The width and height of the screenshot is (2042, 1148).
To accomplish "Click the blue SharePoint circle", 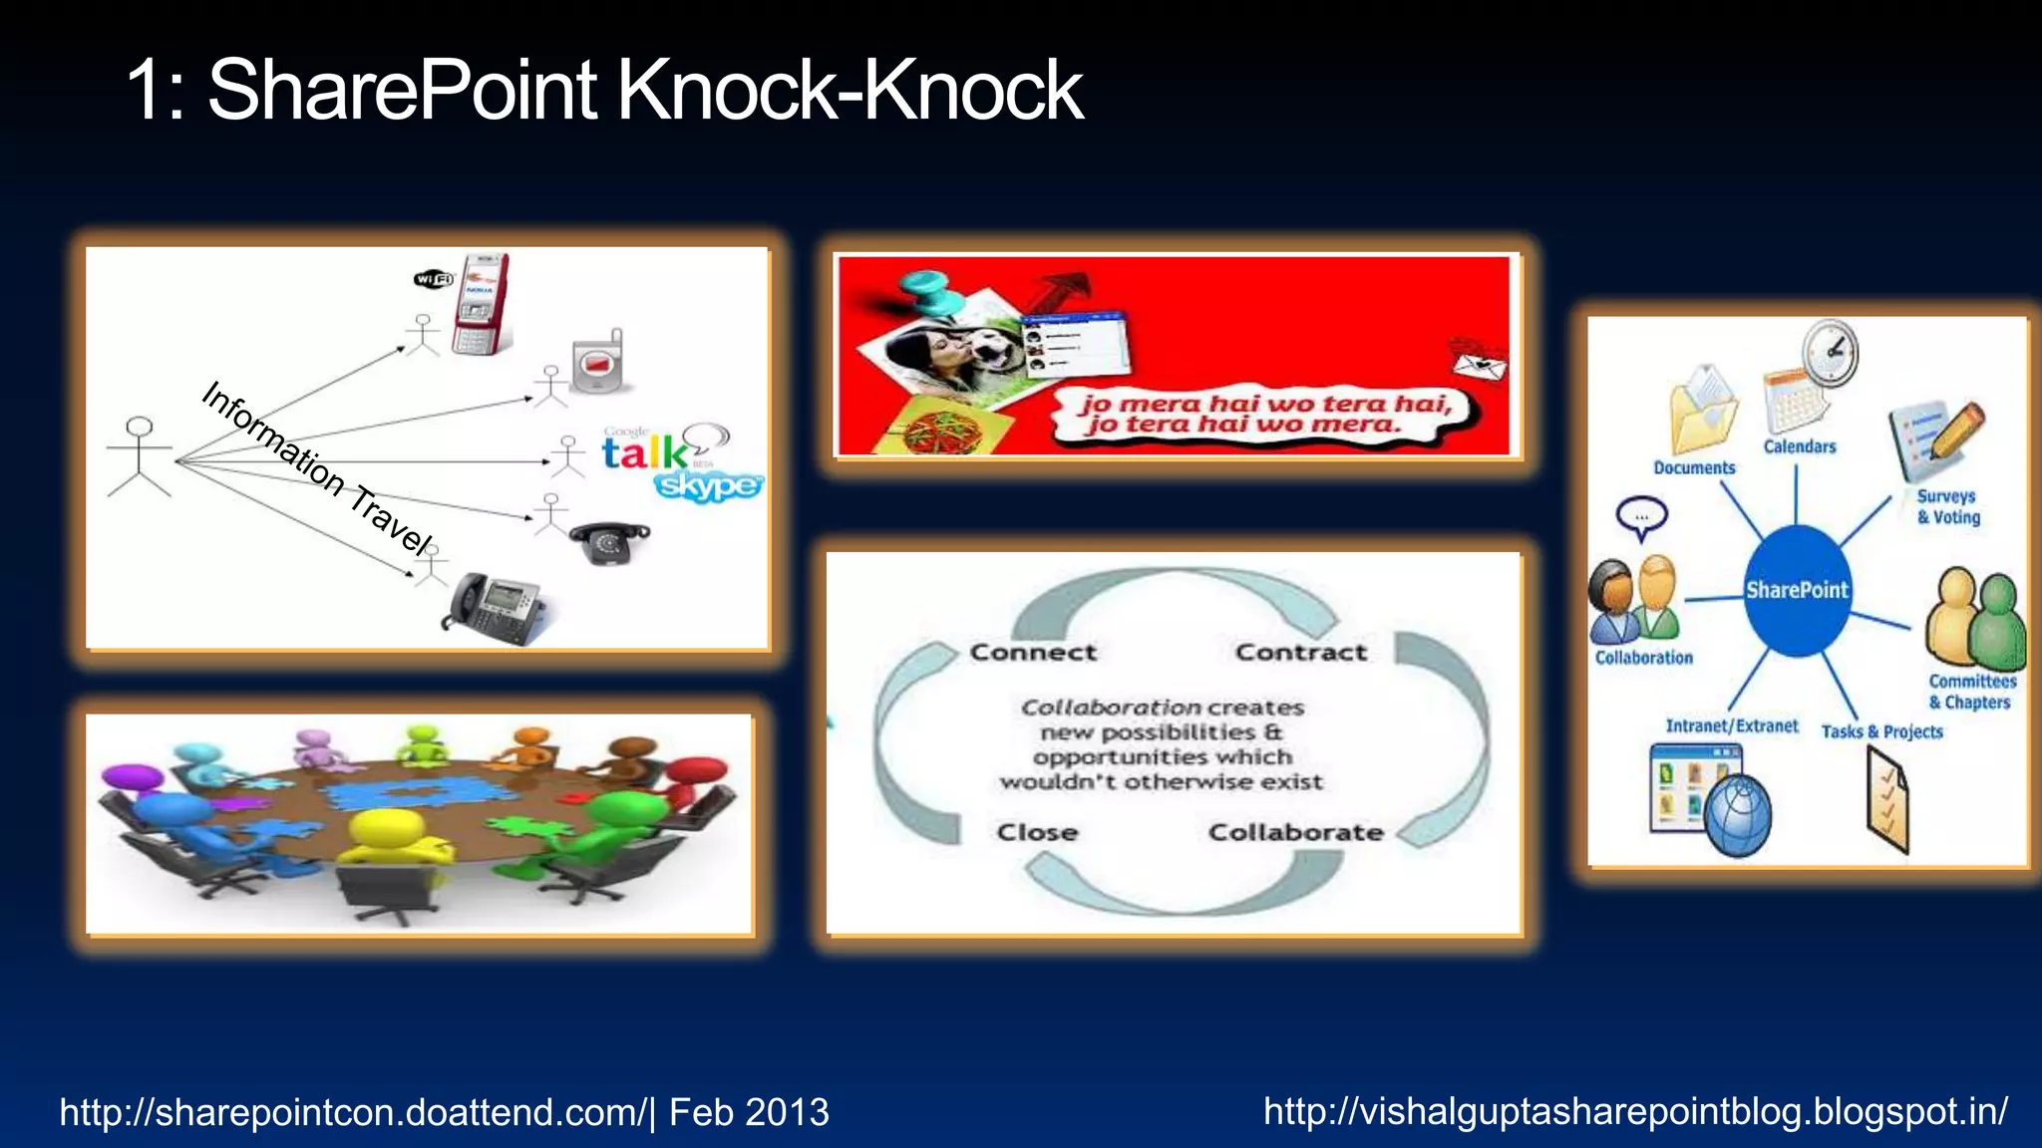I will [x=1797, y=590].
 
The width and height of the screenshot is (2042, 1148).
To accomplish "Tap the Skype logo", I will [x=709, y=485].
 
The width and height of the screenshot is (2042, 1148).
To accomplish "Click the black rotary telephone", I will [x=607, y=542].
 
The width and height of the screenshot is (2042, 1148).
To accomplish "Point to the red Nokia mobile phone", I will [x=481, y=304].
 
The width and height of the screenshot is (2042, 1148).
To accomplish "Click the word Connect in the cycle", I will [x=1033, y=653].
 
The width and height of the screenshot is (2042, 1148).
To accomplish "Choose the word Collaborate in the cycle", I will [x=1295, y=832].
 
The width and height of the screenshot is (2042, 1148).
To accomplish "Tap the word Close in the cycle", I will [x=1037, y=832].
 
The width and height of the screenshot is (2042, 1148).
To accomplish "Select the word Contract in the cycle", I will [x=1301, y=653].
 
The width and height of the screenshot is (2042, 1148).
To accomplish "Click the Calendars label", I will [x=1800, y=446].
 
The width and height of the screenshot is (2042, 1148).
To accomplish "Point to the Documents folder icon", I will [x=1703, y=411].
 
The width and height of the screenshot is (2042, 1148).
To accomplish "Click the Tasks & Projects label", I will [x=1881, y=731].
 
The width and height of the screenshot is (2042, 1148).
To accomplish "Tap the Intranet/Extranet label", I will [x=1732, y=725].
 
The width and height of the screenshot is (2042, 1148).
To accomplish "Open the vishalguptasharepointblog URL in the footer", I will [x=1635, y=1111].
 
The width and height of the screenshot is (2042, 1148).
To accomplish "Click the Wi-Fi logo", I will [x=434, y=279].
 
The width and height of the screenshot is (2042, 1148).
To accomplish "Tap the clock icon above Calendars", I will [x=1831, y=351].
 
